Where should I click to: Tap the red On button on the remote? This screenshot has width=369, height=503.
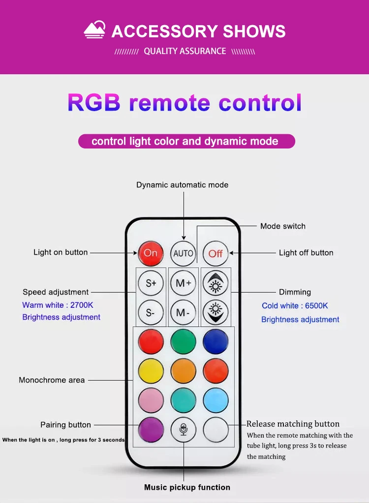[x=151, y=253]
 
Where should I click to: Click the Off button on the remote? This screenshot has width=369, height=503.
[x=215, y=253]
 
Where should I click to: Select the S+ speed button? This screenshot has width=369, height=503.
[x=151, y=283]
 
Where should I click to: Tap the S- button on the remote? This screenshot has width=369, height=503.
[x=151, y=312]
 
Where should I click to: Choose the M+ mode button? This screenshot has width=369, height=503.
[x=183, y=283]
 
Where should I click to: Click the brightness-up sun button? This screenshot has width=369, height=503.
[x=215, y=283]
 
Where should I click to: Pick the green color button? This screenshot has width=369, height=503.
[x=183, y=342]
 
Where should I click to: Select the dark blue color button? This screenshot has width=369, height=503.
[x=215, y=342]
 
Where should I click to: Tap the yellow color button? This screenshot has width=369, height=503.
[x=151, y=371]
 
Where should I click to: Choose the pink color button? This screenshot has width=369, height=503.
[x=151, y=400]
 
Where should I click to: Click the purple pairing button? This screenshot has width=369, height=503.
[x=151, y=429]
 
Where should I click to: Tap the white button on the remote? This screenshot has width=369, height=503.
[x=215, y=429]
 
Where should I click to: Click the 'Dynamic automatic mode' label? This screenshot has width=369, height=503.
[x=182, y=185]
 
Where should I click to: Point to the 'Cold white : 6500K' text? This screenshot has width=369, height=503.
[x=295, y=306]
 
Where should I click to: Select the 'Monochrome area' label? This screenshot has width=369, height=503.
[x=52, y=380]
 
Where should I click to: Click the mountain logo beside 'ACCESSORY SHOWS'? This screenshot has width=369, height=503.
[x=94, y=30]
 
